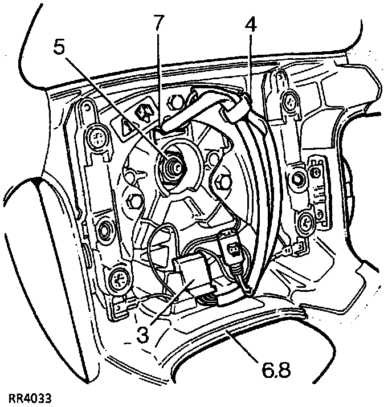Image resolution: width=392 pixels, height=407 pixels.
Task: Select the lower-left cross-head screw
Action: pyautogui.click(x=119, y=279)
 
